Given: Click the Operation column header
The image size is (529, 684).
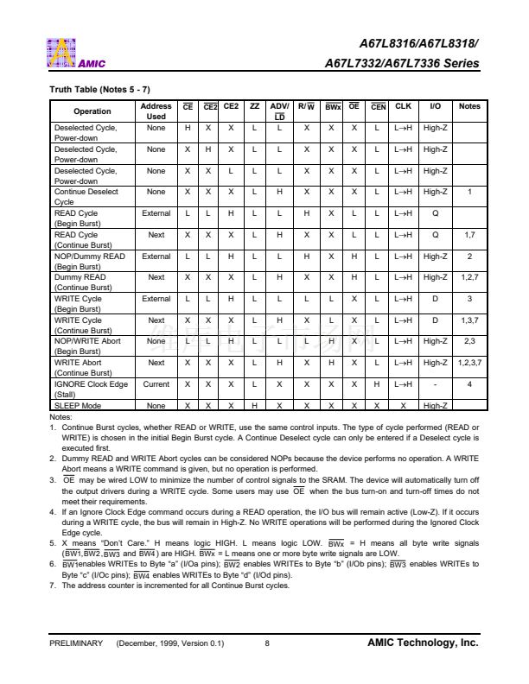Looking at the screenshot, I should coord(92,111).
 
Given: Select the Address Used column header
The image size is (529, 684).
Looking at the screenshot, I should coord(156,111).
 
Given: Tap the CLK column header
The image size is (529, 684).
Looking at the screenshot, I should coord(403,106).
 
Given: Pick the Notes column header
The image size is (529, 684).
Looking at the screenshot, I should coord(469,106).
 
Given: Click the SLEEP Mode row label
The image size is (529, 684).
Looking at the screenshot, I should coord(78,406).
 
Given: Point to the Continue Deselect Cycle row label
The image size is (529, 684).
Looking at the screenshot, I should coord(86,197).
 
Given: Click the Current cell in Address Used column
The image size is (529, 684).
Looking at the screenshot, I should coord(156,384).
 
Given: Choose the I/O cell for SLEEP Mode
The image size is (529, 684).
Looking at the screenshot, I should coord(435,406).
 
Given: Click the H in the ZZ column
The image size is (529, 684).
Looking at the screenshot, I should coord(254,406).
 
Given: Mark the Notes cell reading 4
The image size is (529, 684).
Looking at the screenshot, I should coord(469,384).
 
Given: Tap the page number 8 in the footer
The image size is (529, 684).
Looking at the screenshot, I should coord(267,643).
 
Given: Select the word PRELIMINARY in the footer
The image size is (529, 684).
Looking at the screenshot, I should coord(76,643).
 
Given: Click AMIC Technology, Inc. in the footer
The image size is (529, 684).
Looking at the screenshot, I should coord(423,643).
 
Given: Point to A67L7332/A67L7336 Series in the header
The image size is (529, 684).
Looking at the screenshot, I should coord(401,63).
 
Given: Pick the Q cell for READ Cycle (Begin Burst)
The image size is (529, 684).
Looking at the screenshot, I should coord(435,212).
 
